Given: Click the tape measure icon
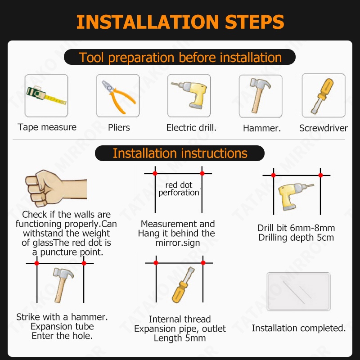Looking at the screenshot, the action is point(46,95).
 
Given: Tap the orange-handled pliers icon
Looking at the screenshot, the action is point(118,96).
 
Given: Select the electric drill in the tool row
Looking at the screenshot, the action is point(190,94).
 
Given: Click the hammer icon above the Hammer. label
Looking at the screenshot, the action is point(260,95).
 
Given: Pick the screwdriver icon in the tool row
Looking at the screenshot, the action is point(322,96).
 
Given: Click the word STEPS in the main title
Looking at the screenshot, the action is point(254,22).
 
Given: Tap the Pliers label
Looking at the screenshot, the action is point(119,128).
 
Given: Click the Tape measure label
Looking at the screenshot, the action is point(47,127).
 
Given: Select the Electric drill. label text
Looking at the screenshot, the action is point(191,128).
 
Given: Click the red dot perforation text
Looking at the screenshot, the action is point(179,189).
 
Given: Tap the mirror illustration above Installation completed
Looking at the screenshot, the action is point(298,292).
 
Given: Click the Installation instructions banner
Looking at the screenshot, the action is point(180,153).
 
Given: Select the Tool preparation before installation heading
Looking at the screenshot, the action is point(180,57).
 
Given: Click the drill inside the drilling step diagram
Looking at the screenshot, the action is point(295,196).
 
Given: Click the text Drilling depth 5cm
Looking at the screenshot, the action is point(296,238).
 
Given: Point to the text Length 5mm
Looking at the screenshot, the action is point(180,338).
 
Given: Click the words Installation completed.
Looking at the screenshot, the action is point(298,328).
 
